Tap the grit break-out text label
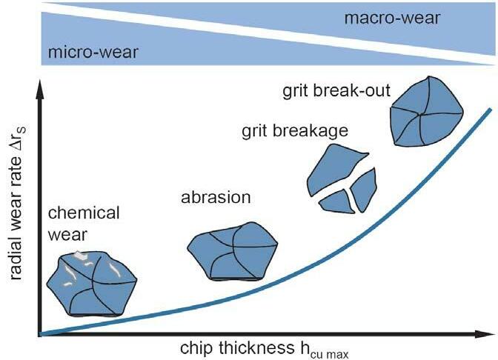click(336, 93)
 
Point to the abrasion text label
click(216, 198)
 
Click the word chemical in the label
click(83, 213)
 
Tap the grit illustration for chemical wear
click(90, 284)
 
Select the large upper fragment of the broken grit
click(335, 171)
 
